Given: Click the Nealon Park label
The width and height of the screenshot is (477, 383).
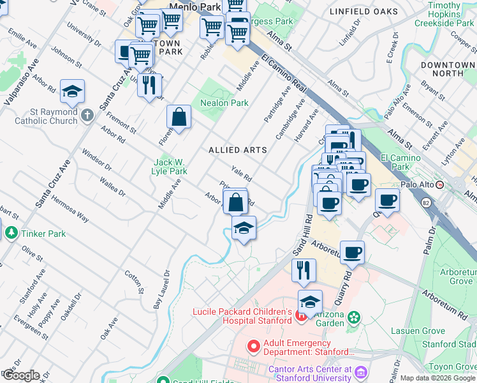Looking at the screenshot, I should click(224, 103).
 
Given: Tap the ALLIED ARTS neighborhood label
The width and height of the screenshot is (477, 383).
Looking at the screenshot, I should click(237, 150).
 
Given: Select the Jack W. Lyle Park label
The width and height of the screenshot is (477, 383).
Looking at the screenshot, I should click(169, 167).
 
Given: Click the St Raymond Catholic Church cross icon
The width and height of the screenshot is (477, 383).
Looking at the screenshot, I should click(87, 116).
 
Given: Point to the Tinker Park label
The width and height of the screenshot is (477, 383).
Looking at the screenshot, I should click(43, 234).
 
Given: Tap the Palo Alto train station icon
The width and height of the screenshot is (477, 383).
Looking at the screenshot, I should click(448, 184).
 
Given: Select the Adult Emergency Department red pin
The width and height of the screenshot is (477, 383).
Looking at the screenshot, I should click(253, 347).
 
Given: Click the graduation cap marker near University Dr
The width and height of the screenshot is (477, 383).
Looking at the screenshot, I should click(72, 92).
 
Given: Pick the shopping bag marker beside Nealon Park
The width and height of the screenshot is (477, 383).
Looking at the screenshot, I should click(179, 117).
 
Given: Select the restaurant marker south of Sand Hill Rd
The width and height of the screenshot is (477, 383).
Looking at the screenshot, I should click(304, 270).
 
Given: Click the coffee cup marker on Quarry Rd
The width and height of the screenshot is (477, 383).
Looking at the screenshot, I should click(352, 253).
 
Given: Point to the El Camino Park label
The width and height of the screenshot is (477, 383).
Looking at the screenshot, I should click(400, 162).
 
